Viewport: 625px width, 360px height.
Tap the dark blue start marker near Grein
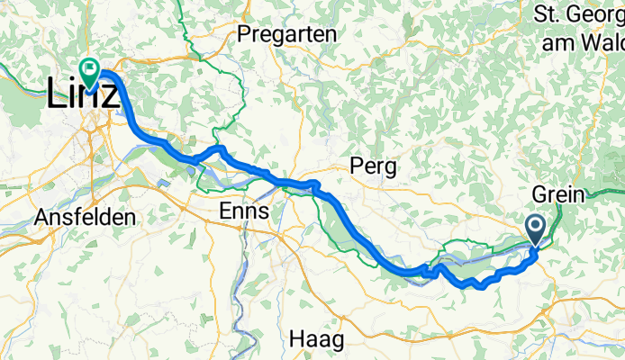click(x=535, y=229)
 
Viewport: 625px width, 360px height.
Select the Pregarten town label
click(x=287, y=35)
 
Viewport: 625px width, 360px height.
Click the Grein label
click(x=558, y=194)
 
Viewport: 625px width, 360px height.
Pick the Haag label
click(x=318, y=340)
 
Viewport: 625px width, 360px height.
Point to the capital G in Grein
click(x=539, y=194)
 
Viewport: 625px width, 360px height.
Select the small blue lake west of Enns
click(x=164, y=184)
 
